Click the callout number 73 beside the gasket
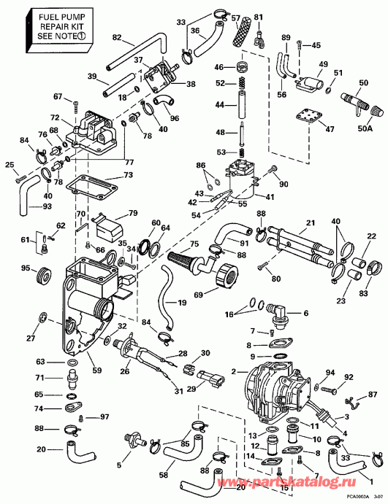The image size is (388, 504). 127,176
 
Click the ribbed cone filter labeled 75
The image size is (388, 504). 191,258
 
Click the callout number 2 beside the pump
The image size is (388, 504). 234,371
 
